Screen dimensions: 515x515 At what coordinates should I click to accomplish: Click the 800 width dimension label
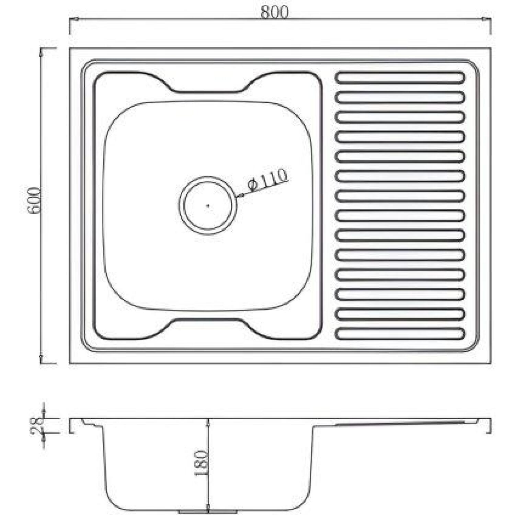pos(275,12)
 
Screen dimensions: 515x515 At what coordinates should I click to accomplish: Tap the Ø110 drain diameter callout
pos(267,180)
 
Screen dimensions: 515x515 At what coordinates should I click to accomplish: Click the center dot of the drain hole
pos(208,206)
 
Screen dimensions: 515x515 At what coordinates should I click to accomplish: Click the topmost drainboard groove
pos(400,77)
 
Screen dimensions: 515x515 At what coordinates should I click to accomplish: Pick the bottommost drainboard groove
pos(400,334)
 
